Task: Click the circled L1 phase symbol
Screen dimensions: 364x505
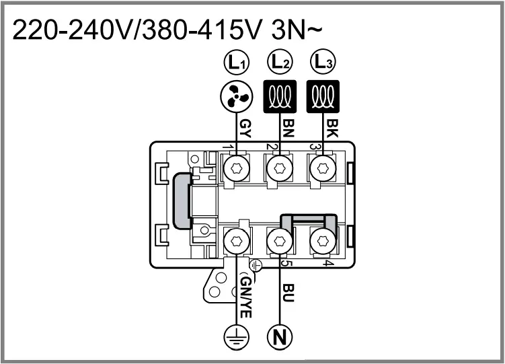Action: [236, 64]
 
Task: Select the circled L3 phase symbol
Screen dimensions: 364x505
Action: [323, 64]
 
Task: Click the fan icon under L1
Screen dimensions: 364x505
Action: [236, 98]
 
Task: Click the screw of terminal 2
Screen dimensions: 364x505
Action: [279, 168]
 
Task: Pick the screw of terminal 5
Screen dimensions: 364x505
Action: [279, 240]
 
